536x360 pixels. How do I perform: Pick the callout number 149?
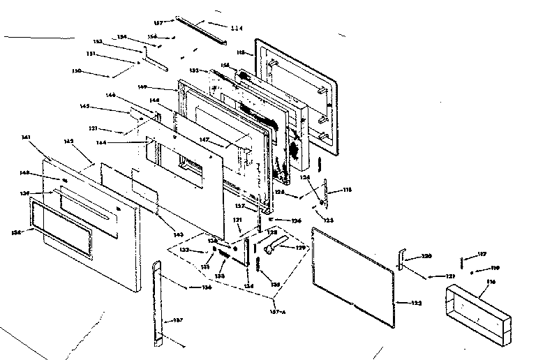pyautogui.click(x=161, y=87)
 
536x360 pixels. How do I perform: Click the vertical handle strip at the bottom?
pyautogui.click(x=158, y=303)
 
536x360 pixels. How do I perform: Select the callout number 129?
pyautogui.click(x=301, y=247)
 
